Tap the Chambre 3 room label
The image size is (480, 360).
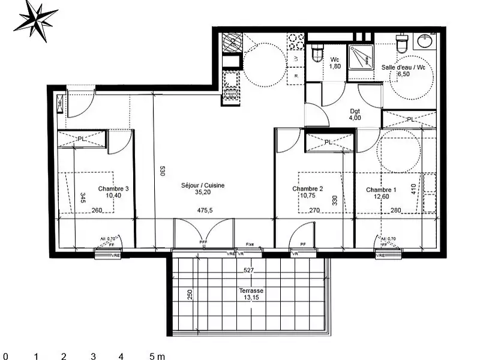(113, 191)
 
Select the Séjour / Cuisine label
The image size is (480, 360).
(203, 190)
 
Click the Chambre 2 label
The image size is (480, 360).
(307, 192)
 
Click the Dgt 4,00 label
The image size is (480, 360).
(356, 114)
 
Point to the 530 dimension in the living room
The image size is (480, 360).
(161, 170)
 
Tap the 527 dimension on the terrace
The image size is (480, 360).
(248, 271)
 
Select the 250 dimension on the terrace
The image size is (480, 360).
(190, 295)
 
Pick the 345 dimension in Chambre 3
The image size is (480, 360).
(82, 197)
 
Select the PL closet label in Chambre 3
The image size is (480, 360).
(81, 139)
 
